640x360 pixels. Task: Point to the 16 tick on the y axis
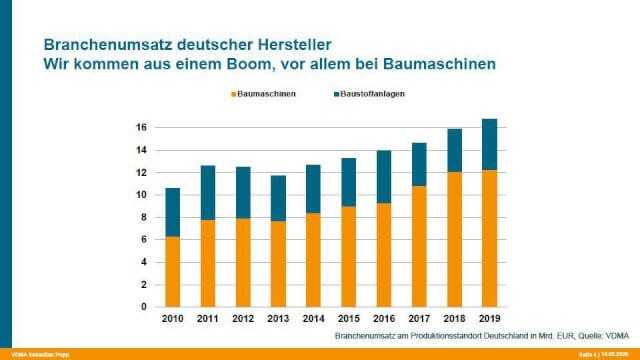(x=142, y=128)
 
